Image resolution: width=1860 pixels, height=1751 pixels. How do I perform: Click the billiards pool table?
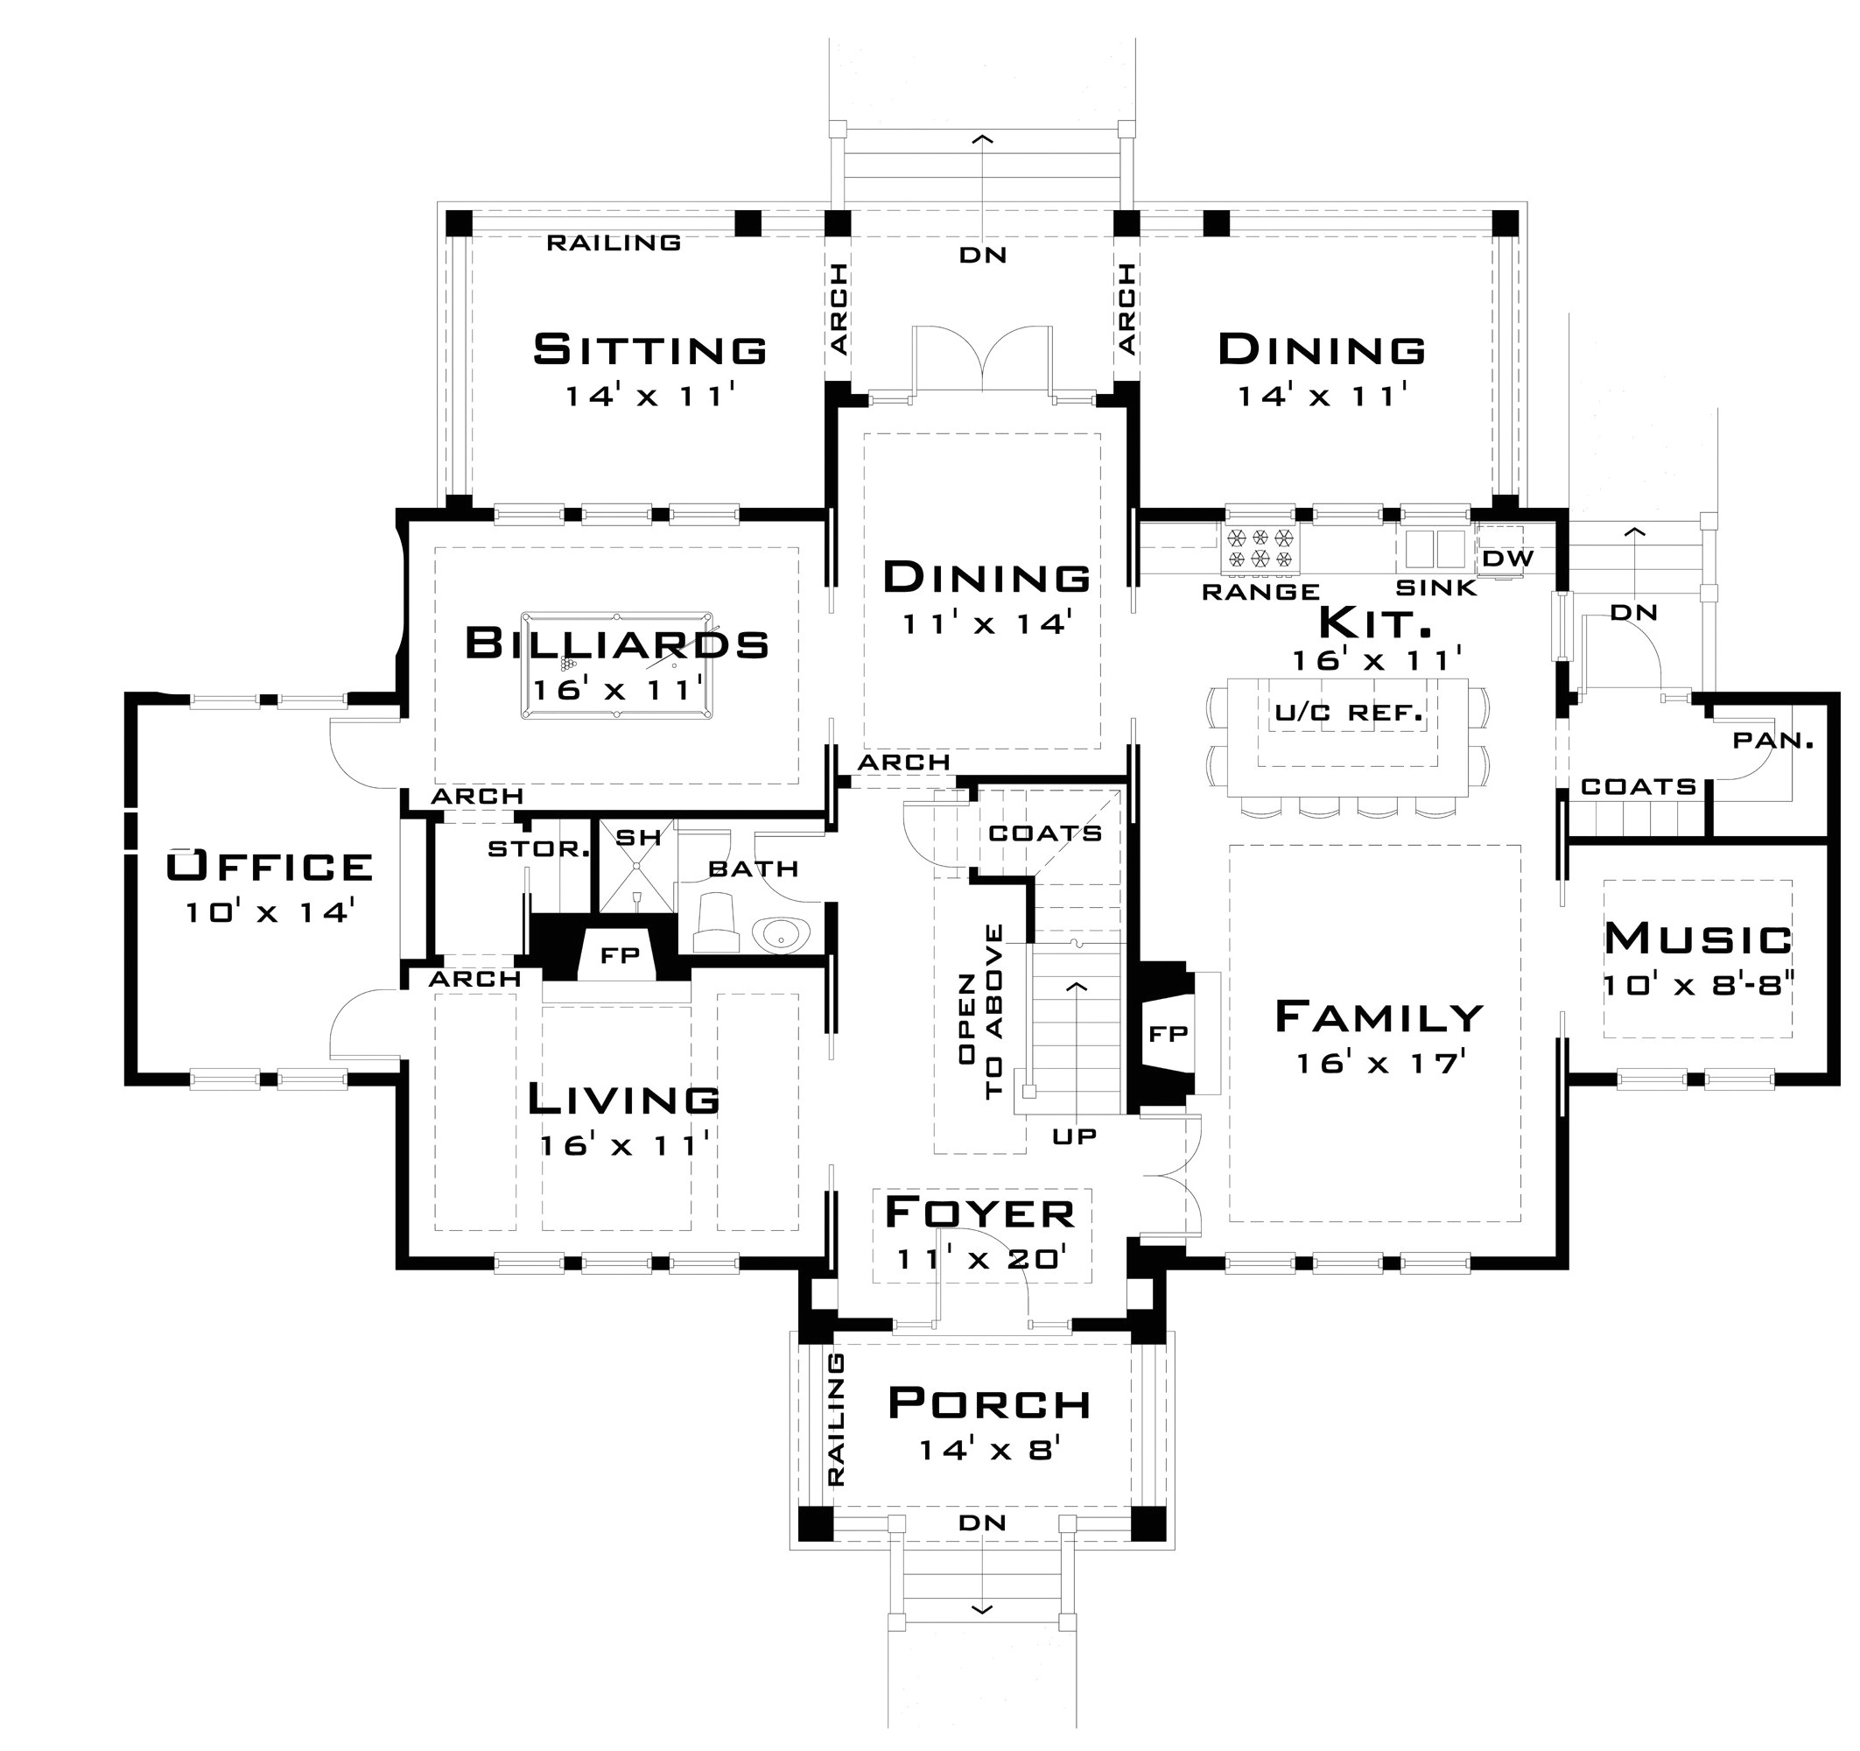coord(616,665)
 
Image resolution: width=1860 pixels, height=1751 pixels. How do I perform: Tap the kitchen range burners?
coord(1260,548)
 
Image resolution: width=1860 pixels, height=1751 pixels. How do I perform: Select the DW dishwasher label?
coord(1508,559)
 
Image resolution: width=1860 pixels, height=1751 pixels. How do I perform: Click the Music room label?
coord(1698,939)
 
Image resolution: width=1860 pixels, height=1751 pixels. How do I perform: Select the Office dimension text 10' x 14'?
coord(268,911)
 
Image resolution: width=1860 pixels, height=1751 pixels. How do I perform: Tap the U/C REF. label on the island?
coord(1348,714)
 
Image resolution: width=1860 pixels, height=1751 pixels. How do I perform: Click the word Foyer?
coord(979,1213)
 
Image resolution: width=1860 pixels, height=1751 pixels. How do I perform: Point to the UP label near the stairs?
coord(1074,1136)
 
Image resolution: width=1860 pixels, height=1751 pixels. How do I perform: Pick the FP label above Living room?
coord(620,955)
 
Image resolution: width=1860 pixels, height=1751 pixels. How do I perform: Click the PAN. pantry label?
coord(1773,741)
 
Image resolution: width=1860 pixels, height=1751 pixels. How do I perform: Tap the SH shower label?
coord(638,837)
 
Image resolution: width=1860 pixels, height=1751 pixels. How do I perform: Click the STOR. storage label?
coord(538,849)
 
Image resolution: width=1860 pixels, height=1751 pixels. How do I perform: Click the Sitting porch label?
coord(650,350)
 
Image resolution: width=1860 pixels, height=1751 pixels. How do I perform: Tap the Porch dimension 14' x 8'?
coord(988,1451)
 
